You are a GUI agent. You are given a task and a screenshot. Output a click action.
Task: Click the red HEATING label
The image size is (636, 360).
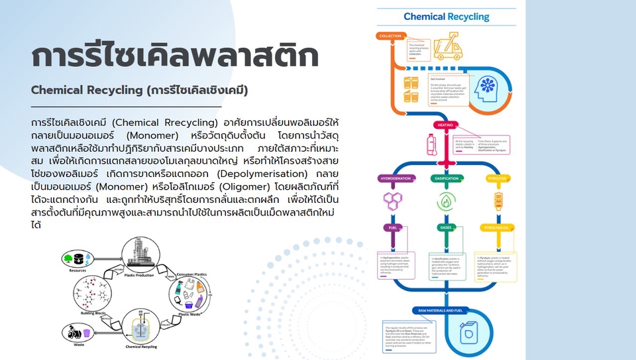click(443, 125)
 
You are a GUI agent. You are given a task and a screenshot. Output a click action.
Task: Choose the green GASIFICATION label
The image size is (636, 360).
click(447, 179)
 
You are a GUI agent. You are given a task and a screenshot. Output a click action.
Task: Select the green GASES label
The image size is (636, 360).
click(446, 227)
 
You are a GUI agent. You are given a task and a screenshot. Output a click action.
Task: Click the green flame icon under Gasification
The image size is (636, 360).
click(446, 201)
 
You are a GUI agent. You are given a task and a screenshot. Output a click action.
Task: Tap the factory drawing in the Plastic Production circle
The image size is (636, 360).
click(140, 257)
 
